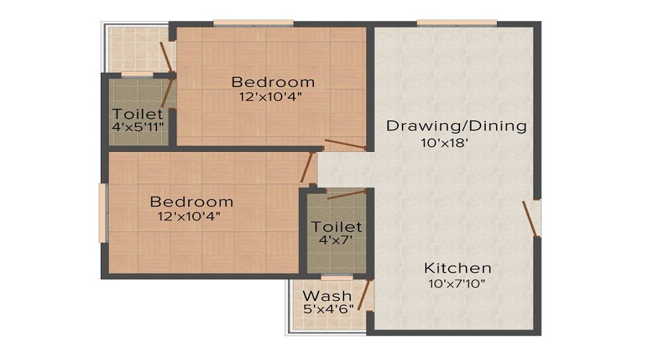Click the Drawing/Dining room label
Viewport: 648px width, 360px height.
pos(456,126)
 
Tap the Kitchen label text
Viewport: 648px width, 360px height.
pos(457,269)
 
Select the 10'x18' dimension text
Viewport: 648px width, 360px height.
pos(444,143)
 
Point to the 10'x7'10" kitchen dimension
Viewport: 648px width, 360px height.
pos(456,284)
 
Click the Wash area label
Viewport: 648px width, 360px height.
pos(327,296)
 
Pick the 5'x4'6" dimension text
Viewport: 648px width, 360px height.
pos(328,309)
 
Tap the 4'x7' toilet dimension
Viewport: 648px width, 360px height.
pos(336,240)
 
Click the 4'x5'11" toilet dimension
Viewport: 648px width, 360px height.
pos(138,127)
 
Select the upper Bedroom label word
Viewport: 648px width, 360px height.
pos(273,82)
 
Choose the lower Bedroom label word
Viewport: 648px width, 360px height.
pos(192,202)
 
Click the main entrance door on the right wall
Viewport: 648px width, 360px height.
pos(531,219)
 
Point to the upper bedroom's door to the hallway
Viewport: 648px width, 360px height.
pos(346,144)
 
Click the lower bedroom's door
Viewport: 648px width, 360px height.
pos(307,167)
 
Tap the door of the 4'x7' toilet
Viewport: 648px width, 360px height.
pos(347,194)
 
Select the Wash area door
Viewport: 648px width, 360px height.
pos(364,294)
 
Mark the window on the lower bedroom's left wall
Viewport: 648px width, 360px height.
pos(102,213)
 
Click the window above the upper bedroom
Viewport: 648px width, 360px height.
pos(253,23)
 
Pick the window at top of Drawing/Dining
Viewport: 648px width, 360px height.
pos(456,23)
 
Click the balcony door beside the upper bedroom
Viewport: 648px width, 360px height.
pos(166,57)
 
